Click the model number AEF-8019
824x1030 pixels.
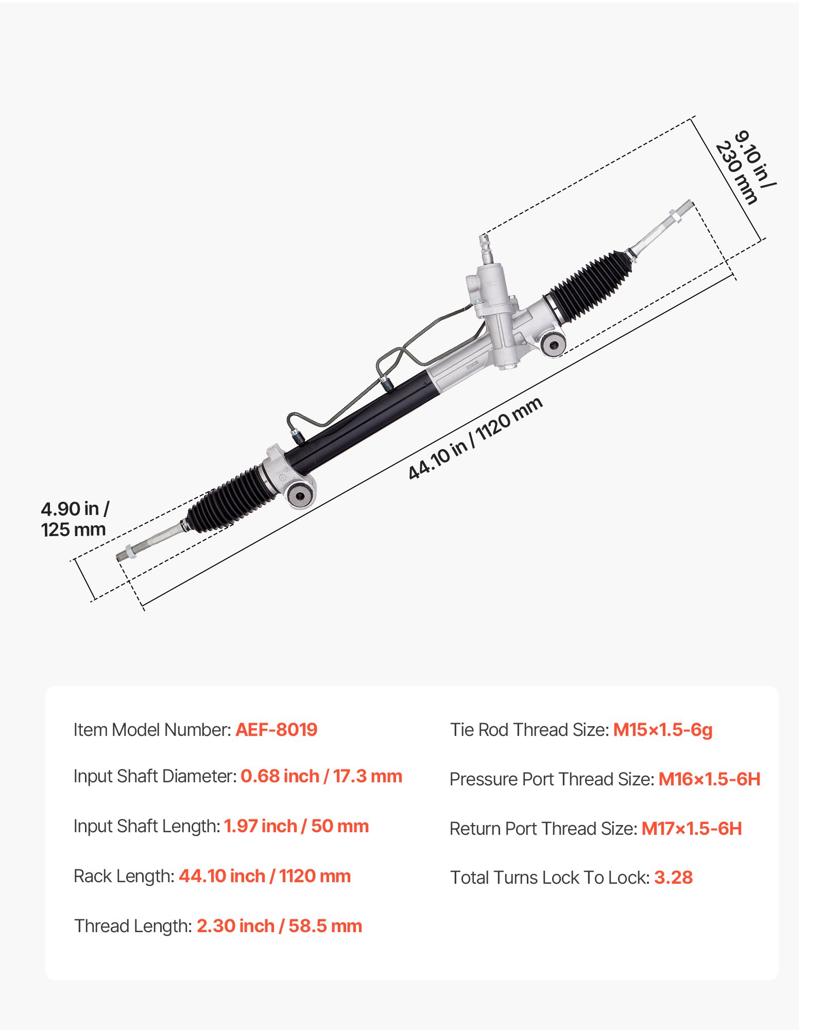(276, 730)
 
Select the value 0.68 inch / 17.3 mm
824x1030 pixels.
(321, 776)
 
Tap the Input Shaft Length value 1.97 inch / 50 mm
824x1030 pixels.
(296, 826)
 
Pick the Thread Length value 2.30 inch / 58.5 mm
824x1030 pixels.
(279, 926)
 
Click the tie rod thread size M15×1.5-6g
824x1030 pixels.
(662, 730)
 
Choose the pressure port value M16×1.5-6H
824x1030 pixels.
(709, 779)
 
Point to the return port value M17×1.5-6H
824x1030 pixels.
(691, 829)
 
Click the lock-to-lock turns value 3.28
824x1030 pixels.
(673, 878)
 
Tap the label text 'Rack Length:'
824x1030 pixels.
(124, 876)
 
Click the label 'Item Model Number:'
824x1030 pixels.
(152, 730)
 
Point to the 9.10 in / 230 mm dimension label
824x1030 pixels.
(746, 167)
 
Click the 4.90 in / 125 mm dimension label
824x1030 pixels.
(75, 519)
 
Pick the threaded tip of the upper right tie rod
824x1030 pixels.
(685, 208)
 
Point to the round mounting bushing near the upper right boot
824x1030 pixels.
(554, 344)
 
